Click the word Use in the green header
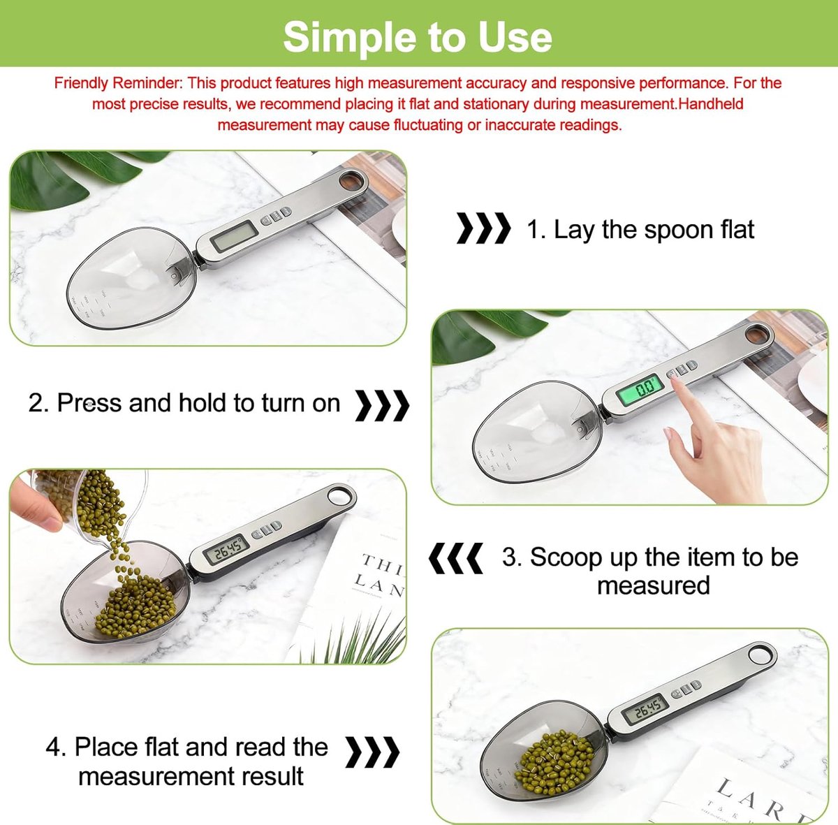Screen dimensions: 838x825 (515, 38)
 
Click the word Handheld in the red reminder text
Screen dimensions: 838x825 (711, 104)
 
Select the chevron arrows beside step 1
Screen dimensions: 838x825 (483, 228)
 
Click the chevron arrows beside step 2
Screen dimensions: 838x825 (382, 405)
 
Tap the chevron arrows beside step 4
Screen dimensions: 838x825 (372, 752)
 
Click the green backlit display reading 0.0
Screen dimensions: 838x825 (639, 389)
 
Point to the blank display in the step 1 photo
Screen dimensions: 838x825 (233, 235)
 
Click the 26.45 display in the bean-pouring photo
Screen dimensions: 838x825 (226, 550)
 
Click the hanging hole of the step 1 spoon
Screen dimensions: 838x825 (352, 180)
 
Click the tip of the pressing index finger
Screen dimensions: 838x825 (675, 380)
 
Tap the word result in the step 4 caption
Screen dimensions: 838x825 (272, 776)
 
